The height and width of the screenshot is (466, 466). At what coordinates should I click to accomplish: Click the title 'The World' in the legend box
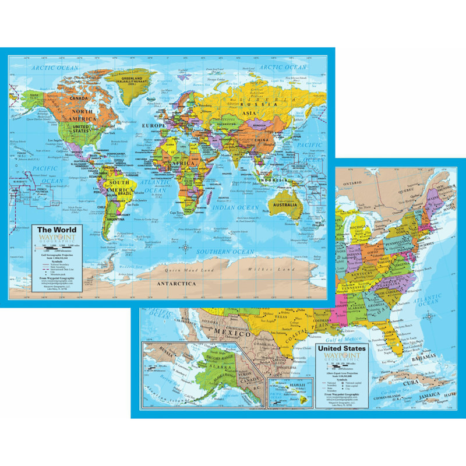click(57, 230)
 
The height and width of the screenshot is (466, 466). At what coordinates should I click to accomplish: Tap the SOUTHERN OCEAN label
click(222, 252)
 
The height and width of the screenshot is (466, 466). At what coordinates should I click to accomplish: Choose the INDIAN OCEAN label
click(235, 207)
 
